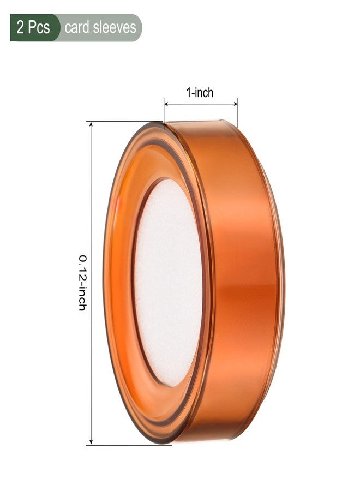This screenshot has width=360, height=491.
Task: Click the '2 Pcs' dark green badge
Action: pos(35,28)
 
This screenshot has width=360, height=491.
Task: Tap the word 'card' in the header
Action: pos(77,28)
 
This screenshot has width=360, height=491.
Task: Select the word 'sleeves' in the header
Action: pos(114,28)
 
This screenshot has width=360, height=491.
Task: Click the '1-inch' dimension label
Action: pos(200,93)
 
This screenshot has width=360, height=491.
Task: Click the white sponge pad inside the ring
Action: pos(168,282)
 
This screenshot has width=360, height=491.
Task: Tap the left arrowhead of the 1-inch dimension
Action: pos(167,104)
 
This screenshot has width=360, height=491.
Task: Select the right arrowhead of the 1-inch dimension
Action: pos(235,104)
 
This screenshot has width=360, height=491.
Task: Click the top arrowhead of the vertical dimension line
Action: pos(91,124)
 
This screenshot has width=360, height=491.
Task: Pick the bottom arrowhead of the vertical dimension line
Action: pos(91,441)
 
